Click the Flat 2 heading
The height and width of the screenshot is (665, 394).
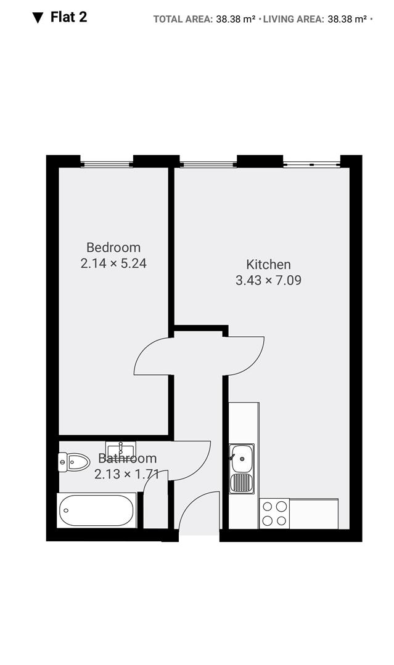point(69,17)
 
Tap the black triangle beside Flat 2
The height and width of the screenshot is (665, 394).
point(38,18)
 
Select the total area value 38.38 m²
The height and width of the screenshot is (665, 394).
point(236,19)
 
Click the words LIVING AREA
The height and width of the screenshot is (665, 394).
point(293,19)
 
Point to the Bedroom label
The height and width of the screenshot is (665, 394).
point(113,248)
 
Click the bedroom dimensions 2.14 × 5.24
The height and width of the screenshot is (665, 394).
point(113,264)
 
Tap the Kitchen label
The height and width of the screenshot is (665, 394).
point(268,265)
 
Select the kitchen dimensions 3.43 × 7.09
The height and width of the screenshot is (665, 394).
point(268,280)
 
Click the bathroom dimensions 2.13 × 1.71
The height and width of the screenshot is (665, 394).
point(126,474)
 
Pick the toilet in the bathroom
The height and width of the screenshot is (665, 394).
point(74,462)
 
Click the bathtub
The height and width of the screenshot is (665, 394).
point(97,510)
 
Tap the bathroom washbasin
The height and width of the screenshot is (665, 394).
point(121,448)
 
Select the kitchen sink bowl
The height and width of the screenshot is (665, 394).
point(242,458)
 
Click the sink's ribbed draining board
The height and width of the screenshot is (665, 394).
point(242,483)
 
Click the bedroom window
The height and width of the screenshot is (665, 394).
point(107,163)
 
